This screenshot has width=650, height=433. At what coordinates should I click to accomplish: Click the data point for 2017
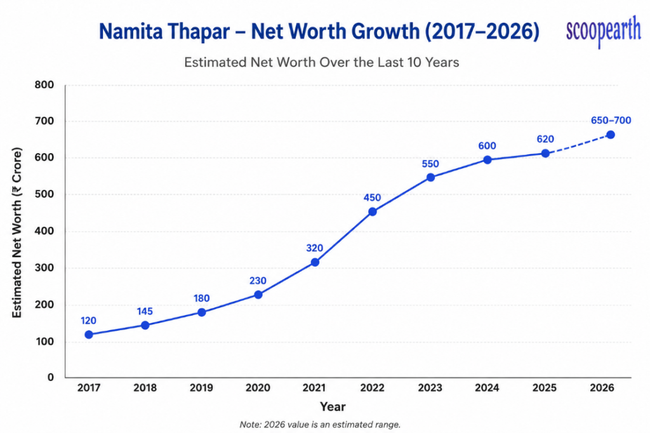point(89,335)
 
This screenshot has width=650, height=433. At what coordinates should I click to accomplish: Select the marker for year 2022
point(372,211)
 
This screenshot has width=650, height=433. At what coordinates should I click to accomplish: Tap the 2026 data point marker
point(610,135)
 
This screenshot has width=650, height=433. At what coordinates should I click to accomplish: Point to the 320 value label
point(314,248)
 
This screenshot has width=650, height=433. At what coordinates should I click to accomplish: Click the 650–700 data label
point(611,120)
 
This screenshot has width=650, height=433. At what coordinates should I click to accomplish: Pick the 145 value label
point(145,311)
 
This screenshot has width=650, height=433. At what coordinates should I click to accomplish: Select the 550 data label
point(430,164)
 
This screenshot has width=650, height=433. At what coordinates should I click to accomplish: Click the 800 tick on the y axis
point(44,84)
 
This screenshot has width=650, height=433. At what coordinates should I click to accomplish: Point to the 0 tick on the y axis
point(51,377)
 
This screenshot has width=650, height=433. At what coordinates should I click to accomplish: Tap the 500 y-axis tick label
point(44,194)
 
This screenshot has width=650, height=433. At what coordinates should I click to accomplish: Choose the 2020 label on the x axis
point(258,387)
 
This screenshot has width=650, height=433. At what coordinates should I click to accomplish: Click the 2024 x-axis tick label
point(487,387)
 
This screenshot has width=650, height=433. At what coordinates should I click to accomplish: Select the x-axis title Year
point(333,406)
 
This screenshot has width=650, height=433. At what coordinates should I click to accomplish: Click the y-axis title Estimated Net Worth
point(17,232)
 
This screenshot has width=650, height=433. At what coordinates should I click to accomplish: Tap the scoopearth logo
point(603,30)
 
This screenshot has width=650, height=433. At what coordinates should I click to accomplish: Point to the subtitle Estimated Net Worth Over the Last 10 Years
point(322,62)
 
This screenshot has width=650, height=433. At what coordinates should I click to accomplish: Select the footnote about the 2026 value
point(320,424)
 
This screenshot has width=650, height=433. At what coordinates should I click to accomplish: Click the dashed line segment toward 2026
point(578,144)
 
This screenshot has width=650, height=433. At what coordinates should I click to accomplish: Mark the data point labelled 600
point(487,160)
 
